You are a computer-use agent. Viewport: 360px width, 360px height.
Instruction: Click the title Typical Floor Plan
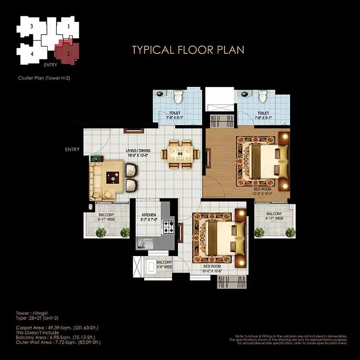tap(188, 49)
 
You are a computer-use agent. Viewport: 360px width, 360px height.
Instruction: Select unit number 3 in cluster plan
tap(32, 27)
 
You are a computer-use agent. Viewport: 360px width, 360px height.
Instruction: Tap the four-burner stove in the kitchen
tap(169, 226)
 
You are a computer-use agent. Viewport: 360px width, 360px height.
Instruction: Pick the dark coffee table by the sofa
tap(113, 178)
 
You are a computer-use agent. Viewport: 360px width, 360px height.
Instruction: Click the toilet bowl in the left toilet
tap(178, 96)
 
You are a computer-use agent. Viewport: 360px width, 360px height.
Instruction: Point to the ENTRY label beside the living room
tap(72, 150)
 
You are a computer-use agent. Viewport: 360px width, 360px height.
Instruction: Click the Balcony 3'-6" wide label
tap(164, 265)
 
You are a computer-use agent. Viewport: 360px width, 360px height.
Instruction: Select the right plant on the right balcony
tap(291, 232)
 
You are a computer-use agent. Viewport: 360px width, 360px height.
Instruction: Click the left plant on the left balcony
tap(101, 232)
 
